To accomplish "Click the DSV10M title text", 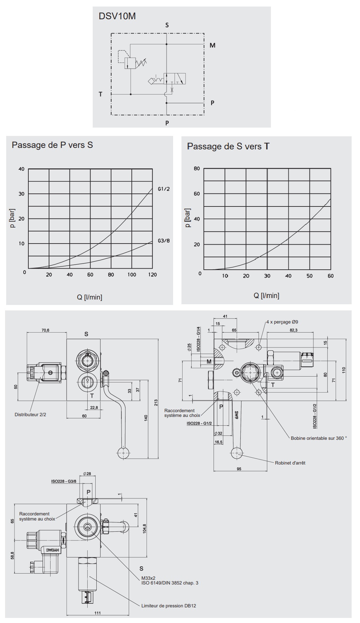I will pos(117,16).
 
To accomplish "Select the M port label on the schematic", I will pos(212,45).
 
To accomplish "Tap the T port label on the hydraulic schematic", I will pos(101,94).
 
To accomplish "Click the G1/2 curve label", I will pos(164,189).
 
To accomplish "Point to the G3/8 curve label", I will pos(164,241).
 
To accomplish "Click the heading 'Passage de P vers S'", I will pos(52,145).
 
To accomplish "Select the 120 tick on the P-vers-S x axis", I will pos(152,275).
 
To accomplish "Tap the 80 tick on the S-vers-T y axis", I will pos(197,169).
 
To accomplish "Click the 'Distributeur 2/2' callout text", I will pos(30,414).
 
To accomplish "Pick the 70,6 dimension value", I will pos(45,330).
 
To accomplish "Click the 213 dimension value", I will pos(156,402).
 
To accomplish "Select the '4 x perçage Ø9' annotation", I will pos(282,322).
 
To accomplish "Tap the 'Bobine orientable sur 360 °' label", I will pos(319,438).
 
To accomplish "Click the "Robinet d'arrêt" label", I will pos(290,463).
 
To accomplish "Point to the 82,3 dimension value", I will pos(293,330).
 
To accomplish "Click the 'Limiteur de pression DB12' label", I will pos(169,606).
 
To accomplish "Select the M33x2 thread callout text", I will pos(148,578).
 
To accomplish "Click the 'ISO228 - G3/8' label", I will pos(64,481).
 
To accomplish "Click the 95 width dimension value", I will pos(239,469).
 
